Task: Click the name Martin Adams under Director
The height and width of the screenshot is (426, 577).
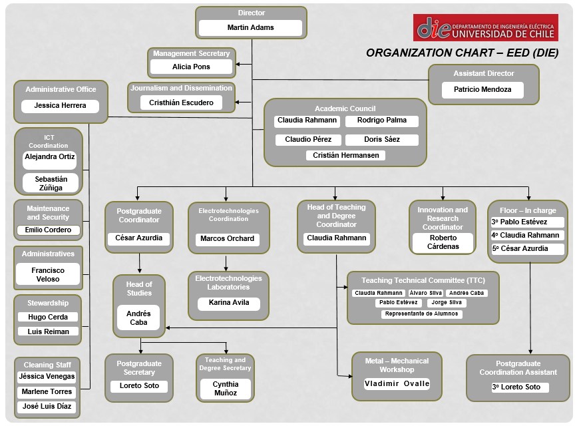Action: [250, 28]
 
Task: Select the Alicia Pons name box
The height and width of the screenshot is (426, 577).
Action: [191, 67]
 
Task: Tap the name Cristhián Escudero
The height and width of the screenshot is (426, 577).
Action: [182, 103]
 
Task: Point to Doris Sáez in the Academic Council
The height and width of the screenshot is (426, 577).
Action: [382, 140]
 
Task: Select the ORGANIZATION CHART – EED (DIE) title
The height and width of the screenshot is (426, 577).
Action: [462, 53]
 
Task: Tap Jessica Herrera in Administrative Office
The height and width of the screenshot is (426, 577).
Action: [61, 106]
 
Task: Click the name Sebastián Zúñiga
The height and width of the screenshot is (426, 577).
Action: [51, 183]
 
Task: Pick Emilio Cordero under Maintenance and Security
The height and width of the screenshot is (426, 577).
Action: [48, 230]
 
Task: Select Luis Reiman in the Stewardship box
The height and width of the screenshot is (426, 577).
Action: [48, 331]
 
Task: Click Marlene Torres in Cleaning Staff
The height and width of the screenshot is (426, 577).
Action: [47, 391]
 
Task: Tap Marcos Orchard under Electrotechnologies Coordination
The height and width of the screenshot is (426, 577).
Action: [228, 238]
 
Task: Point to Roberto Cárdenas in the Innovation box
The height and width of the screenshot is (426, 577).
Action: [443, 242]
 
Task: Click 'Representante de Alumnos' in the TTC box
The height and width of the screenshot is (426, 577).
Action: [422, 314]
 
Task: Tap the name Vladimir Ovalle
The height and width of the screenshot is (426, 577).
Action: [397, 383]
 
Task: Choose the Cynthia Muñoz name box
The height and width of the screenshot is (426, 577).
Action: [225, 389]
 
